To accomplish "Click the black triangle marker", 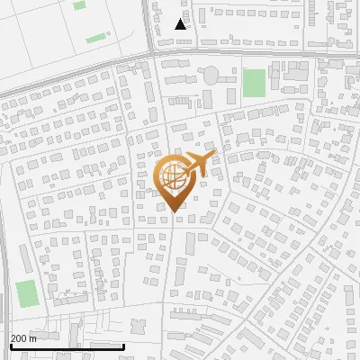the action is point(181,24).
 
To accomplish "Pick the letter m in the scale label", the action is point(32,337).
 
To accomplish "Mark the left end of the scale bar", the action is point(10,346).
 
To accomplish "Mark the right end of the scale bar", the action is point(123,346).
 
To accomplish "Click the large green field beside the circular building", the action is point(254,83).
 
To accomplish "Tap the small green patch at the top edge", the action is point(79,5).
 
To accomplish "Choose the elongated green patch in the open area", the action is point(95,39).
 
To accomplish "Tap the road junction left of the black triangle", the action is point(151,52).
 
